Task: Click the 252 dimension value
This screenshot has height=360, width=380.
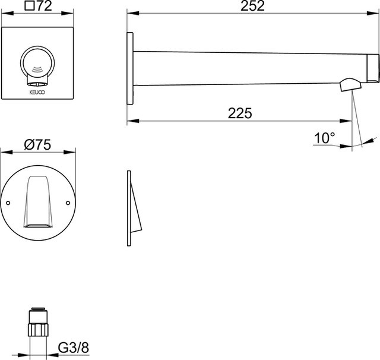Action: click(x=252, y=6)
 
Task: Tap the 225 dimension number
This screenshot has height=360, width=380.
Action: click(x=240, y=113)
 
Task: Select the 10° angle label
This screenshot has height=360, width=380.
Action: click(x=325, y=138)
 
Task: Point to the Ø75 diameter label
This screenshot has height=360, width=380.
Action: click(x=37, y=145)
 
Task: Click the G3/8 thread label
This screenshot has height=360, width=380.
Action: click(x=74, y=348)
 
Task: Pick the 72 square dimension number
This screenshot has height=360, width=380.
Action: click(x=45, y=6)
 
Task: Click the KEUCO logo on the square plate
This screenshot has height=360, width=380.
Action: click(x=37, y=92)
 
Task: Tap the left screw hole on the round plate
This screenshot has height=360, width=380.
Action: click(x=8, y=203)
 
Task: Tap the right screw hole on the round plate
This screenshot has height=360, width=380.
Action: click(x=68, y=203)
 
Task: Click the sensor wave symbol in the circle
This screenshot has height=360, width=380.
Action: click(x=37, y=70)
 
